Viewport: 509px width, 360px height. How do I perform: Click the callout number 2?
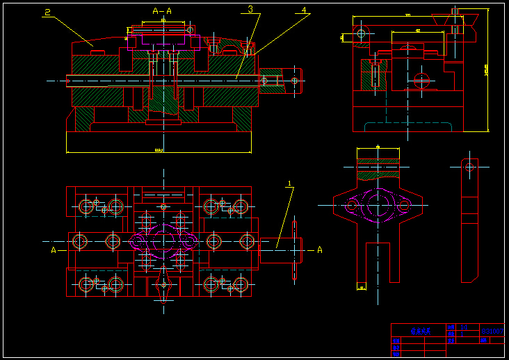[47, 13]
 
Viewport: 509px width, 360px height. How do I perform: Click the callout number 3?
[250, 10]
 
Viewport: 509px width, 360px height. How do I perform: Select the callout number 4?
[303, 10]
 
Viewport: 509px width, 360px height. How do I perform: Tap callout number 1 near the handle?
[291, 184]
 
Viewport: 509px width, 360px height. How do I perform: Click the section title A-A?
[162, 11]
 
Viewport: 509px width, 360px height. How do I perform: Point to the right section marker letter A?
[320, 249]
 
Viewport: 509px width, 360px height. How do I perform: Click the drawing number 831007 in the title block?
[491, 332]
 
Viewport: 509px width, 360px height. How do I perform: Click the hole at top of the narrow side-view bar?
[470, 166]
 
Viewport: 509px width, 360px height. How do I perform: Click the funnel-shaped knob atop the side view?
[455, 20]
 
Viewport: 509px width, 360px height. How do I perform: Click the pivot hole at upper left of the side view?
[360, 33]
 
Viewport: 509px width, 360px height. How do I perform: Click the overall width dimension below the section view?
[159, 151]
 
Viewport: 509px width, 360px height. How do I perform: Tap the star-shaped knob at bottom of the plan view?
[163, 284]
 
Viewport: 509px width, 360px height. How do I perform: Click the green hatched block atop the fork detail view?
[378, 163]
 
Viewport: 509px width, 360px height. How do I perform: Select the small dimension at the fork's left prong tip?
[361, 286]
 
